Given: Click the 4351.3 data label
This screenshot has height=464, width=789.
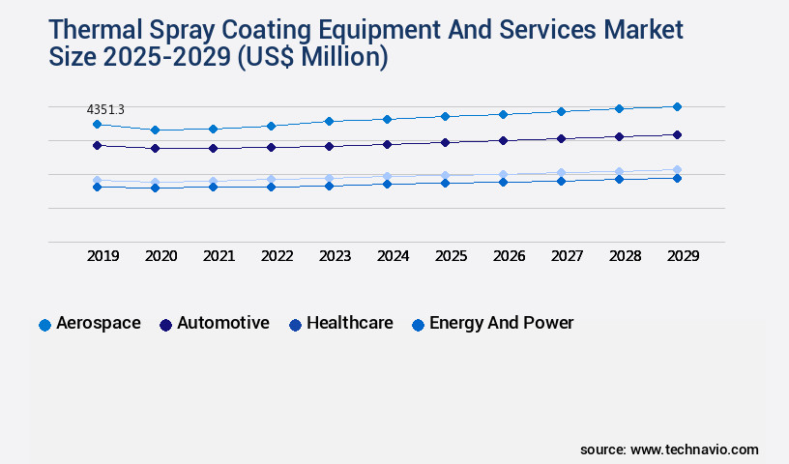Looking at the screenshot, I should tap(105, 110).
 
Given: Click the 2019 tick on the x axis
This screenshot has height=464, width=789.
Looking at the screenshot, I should tap(103, 256).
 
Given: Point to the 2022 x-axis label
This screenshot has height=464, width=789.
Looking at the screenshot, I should tap(277, 256).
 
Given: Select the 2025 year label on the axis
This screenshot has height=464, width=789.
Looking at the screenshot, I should tap(451, 256).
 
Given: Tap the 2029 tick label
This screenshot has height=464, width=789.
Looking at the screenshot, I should tap(683, 256).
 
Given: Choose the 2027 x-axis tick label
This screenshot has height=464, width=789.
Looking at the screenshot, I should tap(567, 256).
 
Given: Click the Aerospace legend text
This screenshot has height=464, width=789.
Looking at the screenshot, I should tap(98, 323).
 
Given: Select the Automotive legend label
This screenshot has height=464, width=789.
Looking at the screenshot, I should tap(222, 323).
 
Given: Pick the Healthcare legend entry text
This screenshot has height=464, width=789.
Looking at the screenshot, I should tap(349, 323).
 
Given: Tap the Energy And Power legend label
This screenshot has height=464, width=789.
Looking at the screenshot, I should tap(501, 323).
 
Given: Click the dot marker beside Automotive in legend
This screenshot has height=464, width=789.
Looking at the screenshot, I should tap(165, 325).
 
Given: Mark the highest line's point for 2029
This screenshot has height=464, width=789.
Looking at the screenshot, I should tap(677, 106).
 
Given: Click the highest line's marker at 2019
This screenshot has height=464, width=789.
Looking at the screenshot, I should tap(97, 124).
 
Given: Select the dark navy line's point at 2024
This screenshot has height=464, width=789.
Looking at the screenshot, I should tap(387, 144).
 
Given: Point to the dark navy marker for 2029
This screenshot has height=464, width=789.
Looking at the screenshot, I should tap(677, 134).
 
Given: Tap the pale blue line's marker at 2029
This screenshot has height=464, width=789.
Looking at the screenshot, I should tap(677, 169).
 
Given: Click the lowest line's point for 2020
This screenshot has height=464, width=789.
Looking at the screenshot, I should tap(155, 188).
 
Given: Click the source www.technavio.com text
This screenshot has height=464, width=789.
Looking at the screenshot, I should tap(669, 449).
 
